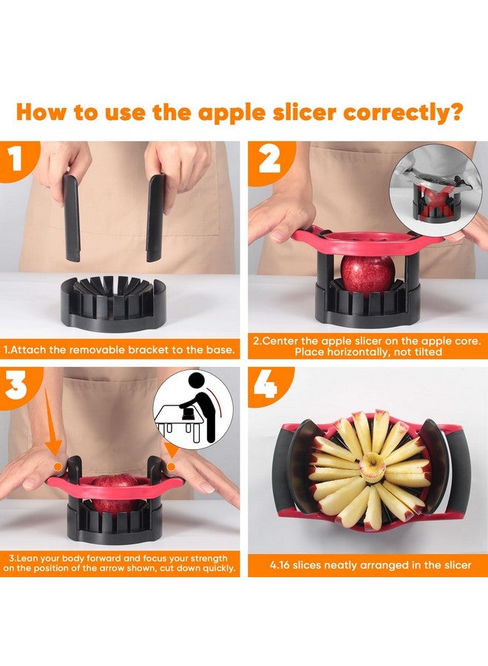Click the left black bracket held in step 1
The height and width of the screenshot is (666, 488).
coord(71,218)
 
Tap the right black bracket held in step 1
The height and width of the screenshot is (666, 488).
coord(155,218)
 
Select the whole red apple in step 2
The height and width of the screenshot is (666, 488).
coord(367,275)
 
